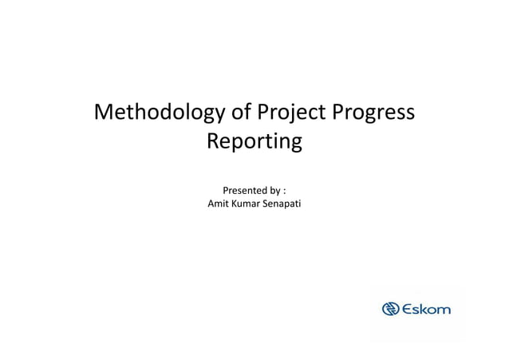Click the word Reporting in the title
[254, 143]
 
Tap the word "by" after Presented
[276, 191]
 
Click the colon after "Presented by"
[286, 192]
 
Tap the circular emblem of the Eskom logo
[391, 309]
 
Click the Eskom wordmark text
[427, 309]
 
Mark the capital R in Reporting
[213, 143]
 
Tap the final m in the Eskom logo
[445, 310]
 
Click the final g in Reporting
[296, 145]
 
